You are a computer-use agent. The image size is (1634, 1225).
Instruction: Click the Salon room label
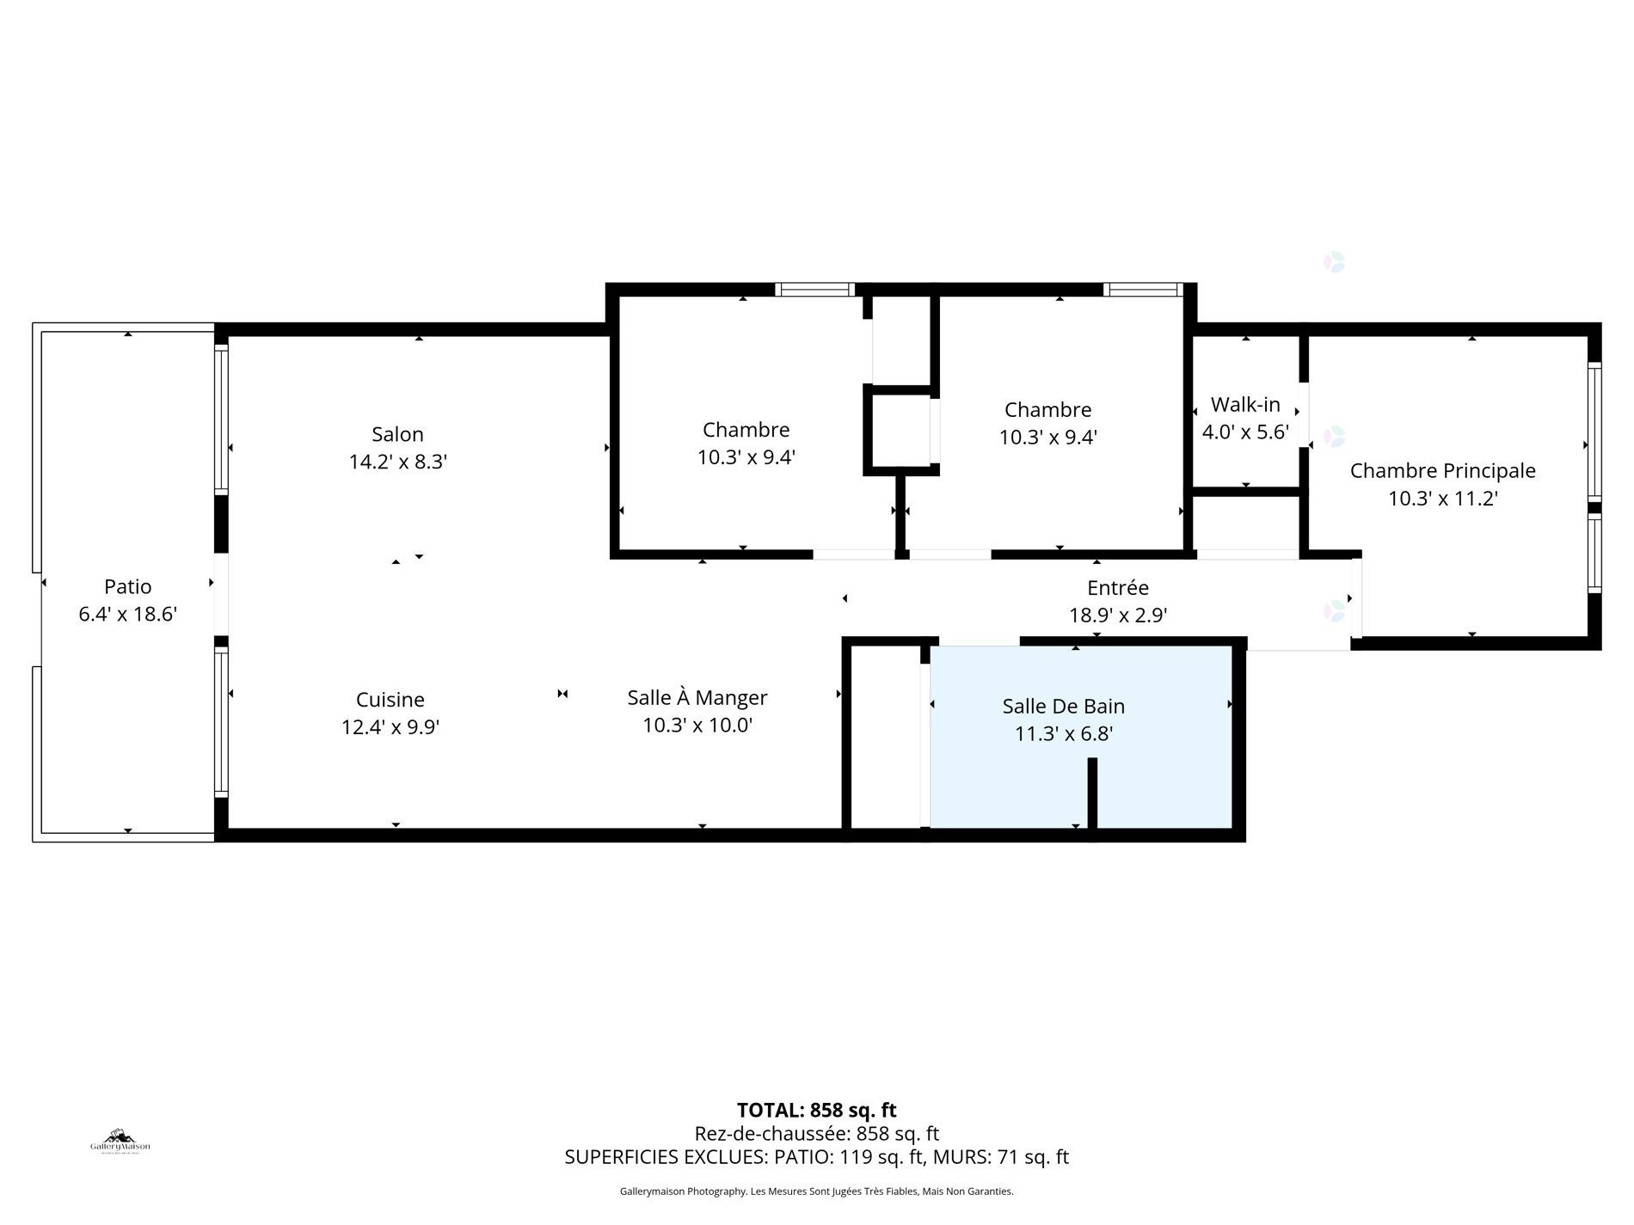pos(397,434)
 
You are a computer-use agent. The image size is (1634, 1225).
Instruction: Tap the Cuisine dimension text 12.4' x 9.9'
pos(390,727)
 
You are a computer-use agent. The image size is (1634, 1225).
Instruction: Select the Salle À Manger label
pos(697,697)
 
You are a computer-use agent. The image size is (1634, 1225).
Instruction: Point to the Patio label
pos(127,586)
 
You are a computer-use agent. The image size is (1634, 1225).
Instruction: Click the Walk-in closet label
pos(1244,404)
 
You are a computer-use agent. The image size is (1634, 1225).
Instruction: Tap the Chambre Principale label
pos(1442,470)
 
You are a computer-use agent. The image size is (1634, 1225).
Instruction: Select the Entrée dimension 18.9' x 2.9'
pos(1117,616)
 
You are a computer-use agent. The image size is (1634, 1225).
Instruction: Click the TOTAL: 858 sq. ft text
pos(816,1110)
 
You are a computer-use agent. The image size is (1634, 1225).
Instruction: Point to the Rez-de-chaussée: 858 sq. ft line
pos(816,1134)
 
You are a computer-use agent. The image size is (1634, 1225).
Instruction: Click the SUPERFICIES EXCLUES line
pos(816,1157)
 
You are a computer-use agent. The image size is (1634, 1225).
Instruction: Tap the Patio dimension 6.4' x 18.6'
pos(127,614)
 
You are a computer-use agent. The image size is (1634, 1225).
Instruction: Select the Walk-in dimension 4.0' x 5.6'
pos(1244,432)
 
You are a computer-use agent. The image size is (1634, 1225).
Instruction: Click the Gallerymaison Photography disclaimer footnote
pos(816,1191)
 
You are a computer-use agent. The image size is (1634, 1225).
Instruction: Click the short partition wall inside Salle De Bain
pos(1092,793)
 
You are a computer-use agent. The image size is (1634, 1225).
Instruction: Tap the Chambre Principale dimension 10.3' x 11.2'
pos(1442,498)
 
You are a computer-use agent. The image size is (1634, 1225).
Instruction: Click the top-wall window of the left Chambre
pos(814,290)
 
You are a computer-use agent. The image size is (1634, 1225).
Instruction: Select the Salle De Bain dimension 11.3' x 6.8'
pos(1063,733)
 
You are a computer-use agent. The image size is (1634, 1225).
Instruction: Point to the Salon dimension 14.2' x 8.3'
pos(397,462)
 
